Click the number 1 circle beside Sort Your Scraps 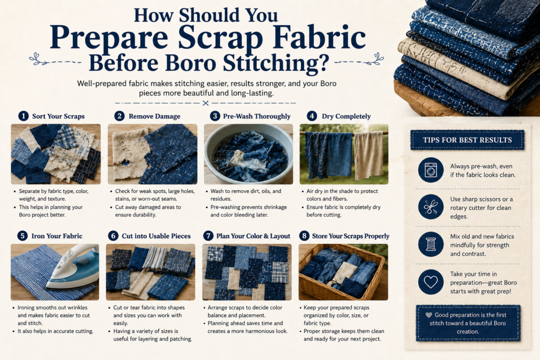tap(23, 116)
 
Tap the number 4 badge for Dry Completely tap(312, 116)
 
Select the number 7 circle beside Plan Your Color tap(208, 236)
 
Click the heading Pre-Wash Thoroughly tap(257, 116)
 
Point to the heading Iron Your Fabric tap(57, 236)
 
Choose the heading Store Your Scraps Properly tap(351, 236)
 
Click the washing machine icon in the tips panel tap(431, 170)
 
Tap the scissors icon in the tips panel tap(431, 207)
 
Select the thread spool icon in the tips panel tap(431, 245)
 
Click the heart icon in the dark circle tap(431, 282)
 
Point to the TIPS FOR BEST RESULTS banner tap(467, 140)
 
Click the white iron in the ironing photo tap(73, 267)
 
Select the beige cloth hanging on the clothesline tap(369, 155)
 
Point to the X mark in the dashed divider tap(206, 103)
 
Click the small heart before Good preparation tap(429, 315)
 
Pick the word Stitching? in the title tap(276, 63)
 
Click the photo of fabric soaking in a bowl tap(248, 154)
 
